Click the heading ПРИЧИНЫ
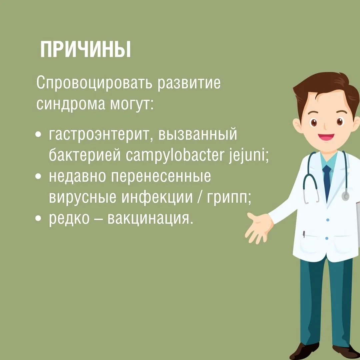pyautogui.click(x=85, y=50)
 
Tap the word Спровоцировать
pyautogui.click(x=94, y=83)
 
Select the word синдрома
pyautogui.click(x=71, y=104)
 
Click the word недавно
pyautogui.click(x=77, y=176)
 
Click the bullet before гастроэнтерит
pyautogui.click(x=39, y=134)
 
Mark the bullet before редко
pyautogui.click(x=39, y=218)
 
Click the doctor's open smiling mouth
pyautogui.click(x=326, y=137)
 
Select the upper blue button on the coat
pyautogui.click(x=328, y=220)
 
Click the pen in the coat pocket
pyautogui.click(x=304, y=234)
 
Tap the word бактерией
pyautogui.click(x=84, y=155)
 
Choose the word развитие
pyautogui.click(x=189, y=83)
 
